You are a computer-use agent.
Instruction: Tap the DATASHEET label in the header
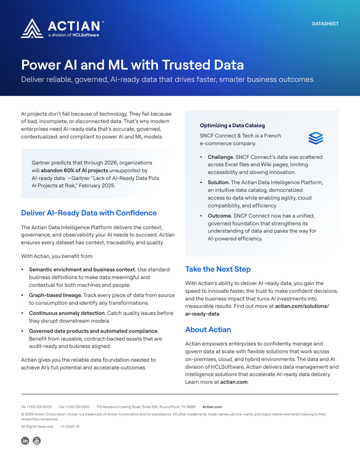(326, 24)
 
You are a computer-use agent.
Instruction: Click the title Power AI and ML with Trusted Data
(133, 65)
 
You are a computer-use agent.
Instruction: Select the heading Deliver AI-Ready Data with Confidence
(89, 213)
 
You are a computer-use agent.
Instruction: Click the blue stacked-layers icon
(316, 138)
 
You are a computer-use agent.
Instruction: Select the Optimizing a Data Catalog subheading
(232, 125)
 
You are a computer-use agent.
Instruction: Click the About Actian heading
(208, 329)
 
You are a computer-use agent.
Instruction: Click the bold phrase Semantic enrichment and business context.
(82, 270)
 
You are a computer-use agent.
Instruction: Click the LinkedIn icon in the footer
(25, 441)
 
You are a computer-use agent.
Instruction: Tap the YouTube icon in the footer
(37, 441)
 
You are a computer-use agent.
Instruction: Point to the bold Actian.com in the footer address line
(212, 406)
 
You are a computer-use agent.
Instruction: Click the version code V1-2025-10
(70, 426)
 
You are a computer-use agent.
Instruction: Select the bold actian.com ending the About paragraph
(233, 381)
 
